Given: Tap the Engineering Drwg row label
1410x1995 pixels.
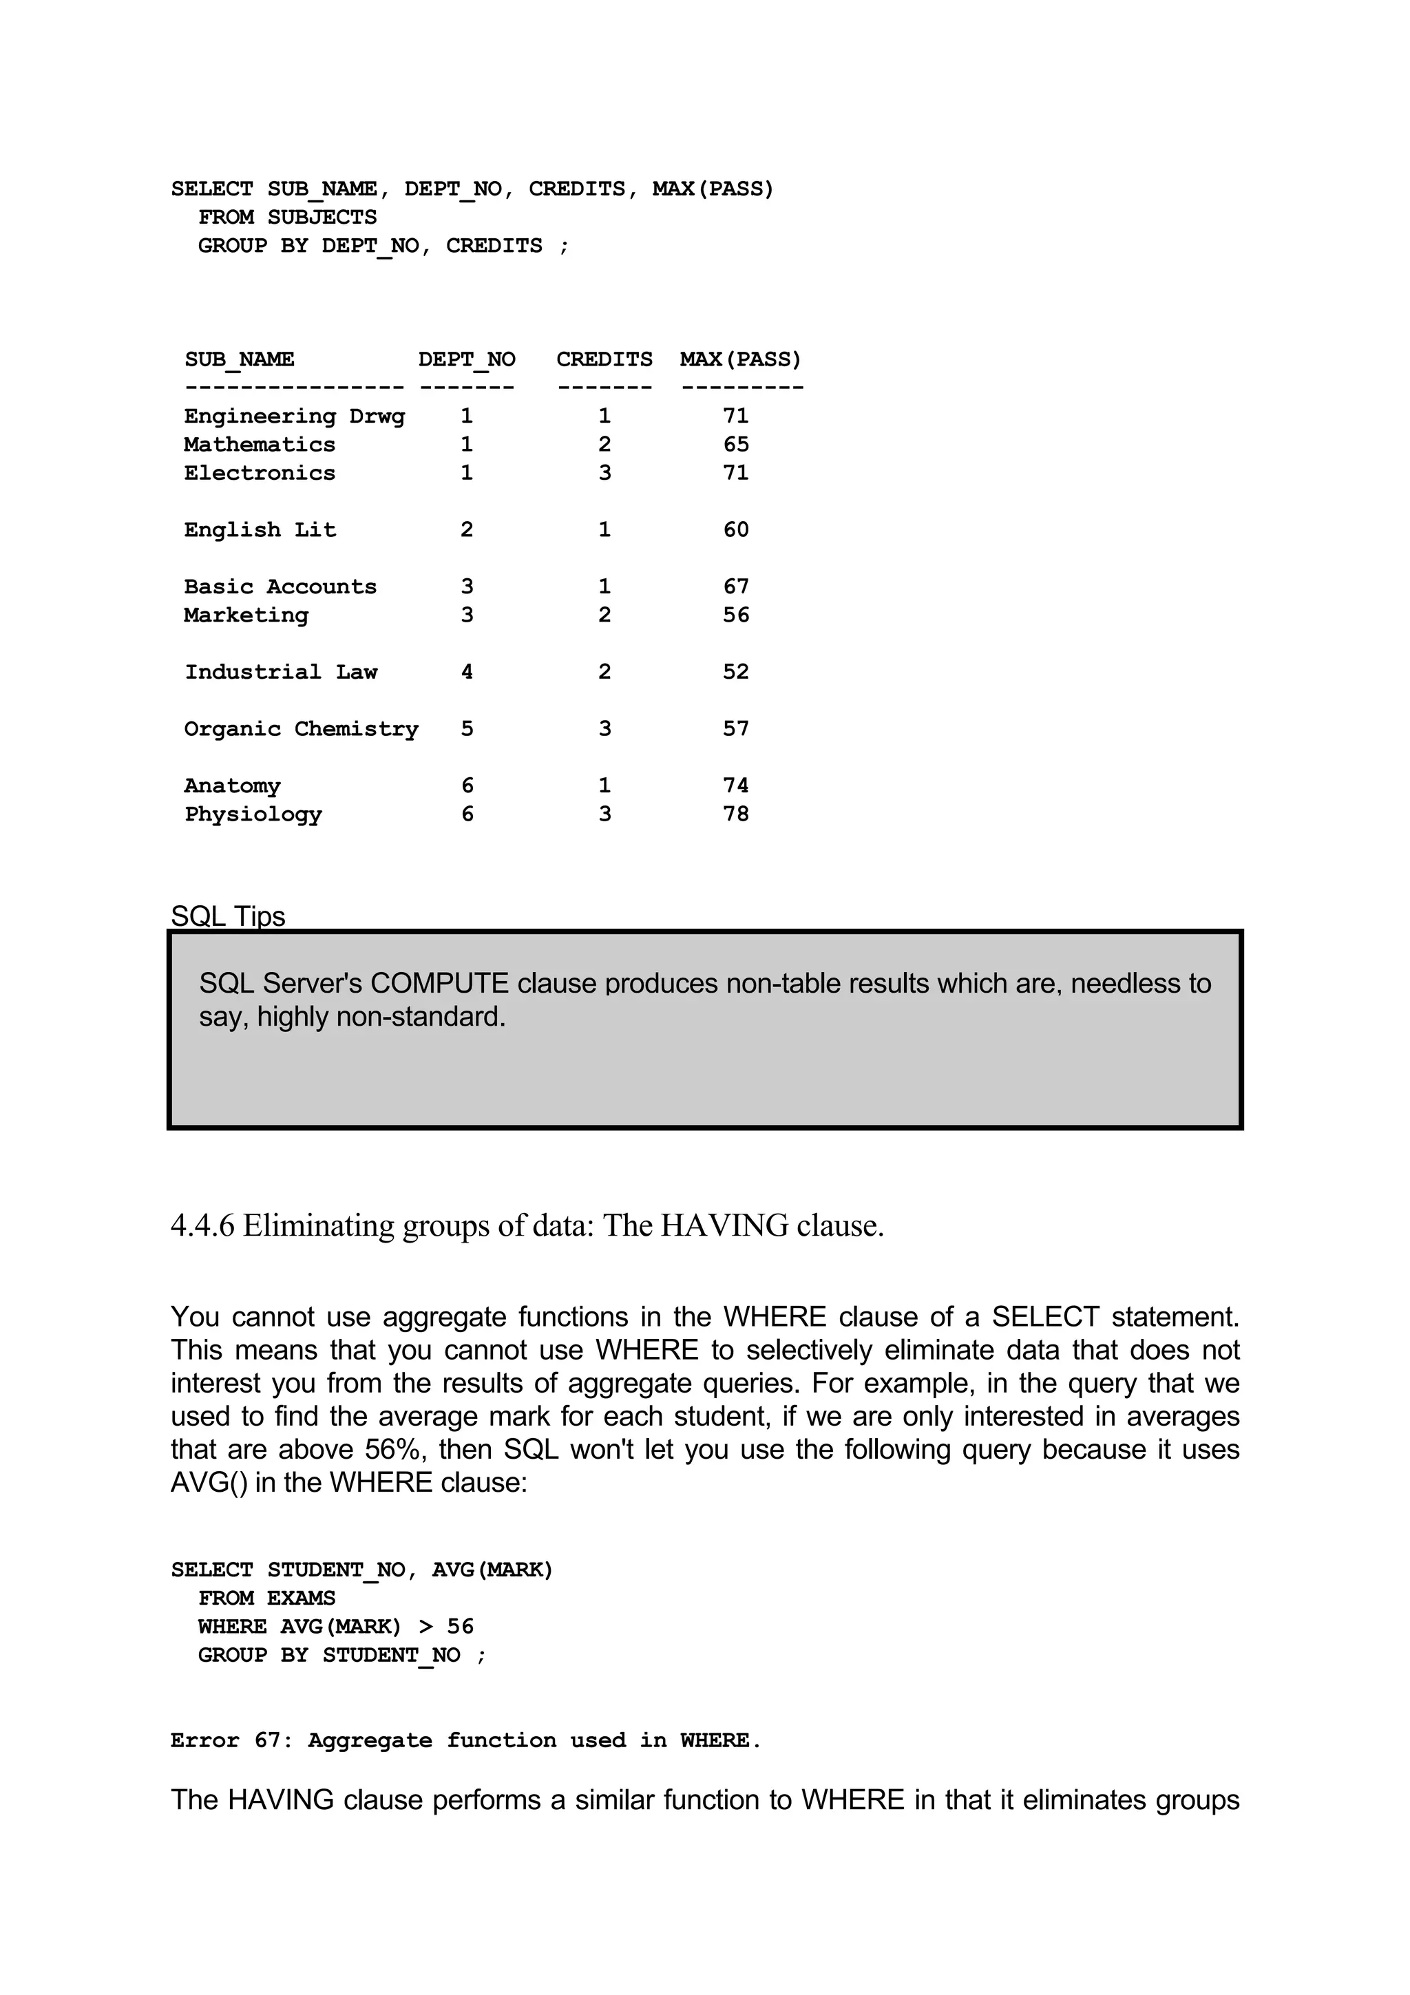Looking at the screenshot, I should (x=294, y=416).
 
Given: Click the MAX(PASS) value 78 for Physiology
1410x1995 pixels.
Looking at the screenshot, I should (x=735, y=814).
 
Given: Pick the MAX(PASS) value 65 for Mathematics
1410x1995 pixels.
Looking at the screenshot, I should (x=735, y=445).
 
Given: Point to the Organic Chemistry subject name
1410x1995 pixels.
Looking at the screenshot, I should (x=301, y=729).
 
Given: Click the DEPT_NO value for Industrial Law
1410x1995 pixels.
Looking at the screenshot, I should (x=467, y=672).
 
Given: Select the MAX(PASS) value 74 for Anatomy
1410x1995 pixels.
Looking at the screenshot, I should (x=735, y=785).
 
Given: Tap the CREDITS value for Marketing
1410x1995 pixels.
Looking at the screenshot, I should (x=604, y=615).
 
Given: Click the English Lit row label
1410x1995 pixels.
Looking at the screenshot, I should (x=259, y=530).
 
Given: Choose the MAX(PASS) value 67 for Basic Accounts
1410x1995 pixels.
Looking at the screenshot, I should (x=735, y=587).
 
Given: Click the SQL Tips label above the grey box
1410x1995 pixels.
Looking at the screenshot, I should (x=228, y=916).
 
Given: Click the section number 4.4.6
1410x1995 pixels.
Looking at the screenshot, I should (x=202, y=1225).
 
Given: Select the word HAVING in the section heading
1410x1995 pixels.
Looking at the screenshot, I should (x=724, y=1225).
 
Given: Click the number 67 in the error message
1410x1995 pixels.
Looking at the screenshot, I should (x=268, y=1740).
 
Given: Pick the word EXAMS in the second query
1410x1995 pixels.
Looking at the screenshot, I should (x=301, y=1598).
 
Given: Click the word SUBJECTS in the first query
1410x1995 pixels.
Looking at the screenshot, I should (x=322, y=218).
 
